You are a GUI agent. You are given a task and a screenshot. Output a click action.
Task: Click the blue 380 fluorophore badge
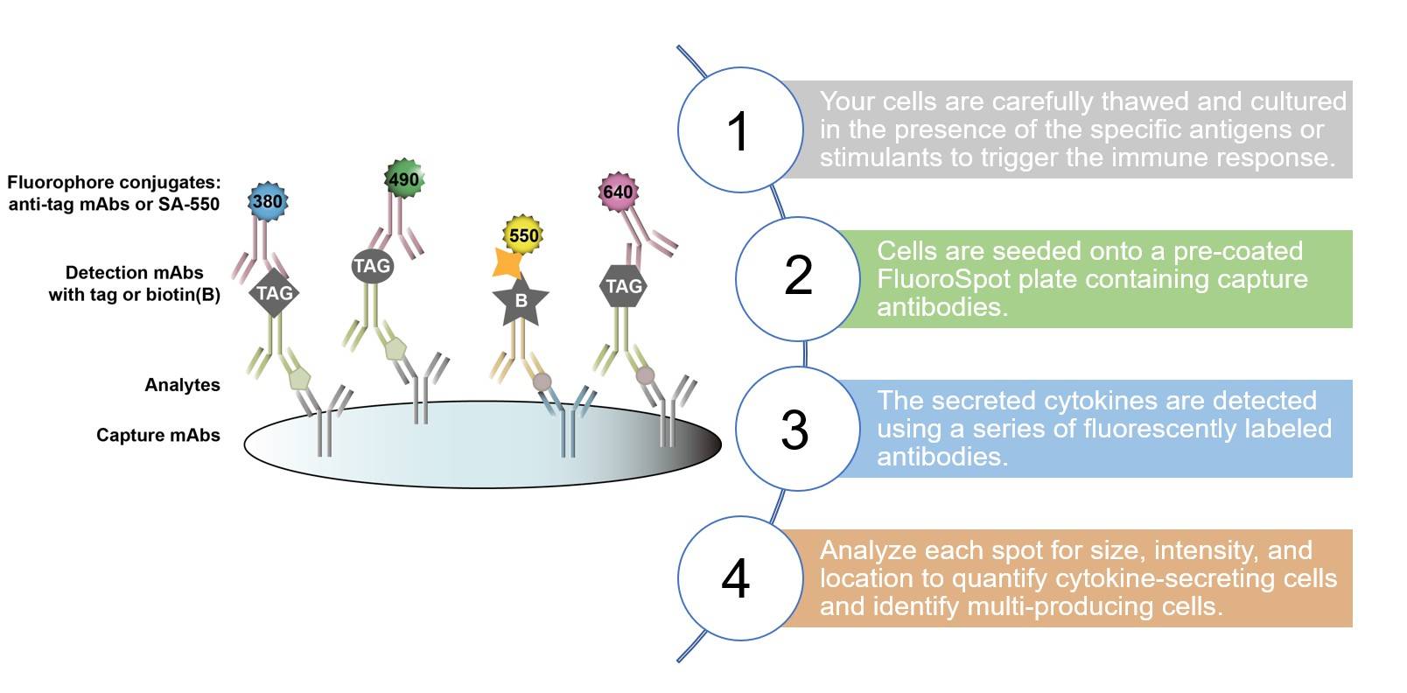(x=267, y=202)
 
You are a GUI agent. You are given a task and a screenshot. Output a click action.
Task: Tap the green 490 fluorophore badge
(x=403, y=179)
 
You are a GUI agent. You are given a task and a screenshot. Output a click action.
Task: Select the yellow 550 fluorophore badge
(x=523, y=234)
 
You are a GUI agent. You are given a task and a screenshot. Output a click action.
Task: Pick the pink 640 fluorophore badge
(x=618, y=192)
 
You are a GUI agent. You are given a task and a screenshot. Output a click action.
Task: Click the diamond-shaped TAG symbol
(x=274, y=293)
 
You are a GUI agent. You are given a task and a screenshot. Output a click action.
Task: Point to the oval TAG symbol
(x=371, y=266)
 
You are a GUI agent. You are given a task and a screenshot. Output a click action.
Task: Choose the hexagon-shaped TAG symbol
(x=624, y=286)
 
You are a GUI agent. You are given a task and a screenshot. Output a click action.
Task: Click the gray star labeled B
(x=521, y=301)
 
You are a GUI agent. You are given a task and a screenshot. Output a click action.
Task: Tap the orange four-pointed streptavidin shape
(x=507, y=262)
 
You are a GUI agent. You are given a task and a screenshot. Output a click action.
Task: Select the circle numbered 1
(x=739, y=130)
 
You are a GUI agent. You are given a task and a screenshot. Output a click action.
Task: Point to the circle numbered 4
(x=737, y=578)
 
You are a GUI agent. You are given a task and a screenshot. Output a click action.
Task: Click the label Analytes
(x=182, y=385)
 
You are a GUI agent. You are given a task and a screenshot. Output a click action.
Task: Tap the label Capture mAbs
(x=157, y=436)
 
